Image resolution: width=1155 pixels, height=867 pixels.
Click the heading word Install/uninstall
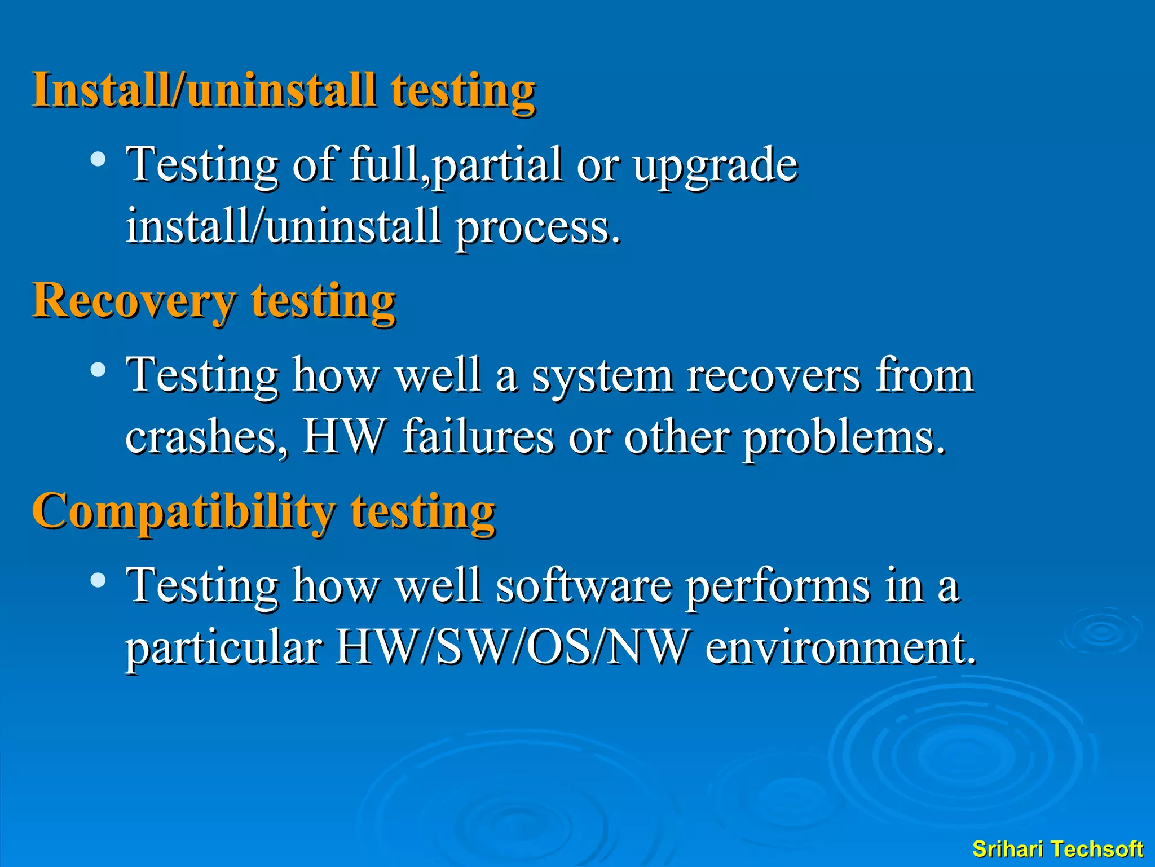[x=204, y=90]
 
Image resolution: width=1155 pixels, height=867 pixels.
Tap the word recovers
[x=773, y=376]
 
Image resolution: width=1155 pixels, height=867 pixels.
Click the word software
[x=584, y=586]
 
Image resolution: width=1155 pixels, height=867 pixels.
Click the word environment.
[x=840, y=647]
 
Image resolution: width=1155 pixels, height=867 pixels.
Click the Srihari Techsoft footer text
[x=1057, y=849]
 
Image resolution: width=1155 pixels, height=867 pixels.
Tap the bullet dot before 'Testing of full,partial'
[x=98, y=160]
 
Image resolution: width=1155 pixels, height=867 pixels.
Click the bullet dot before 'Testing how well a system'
[x=98, y=370]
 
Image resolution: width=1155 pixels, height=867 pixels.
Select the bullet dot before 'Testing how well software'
[x=98, y=580]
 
